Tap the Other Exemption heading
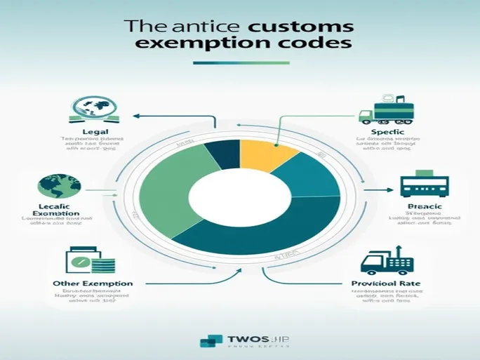(93, 283)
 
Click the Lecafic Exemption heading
(57, 208)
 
